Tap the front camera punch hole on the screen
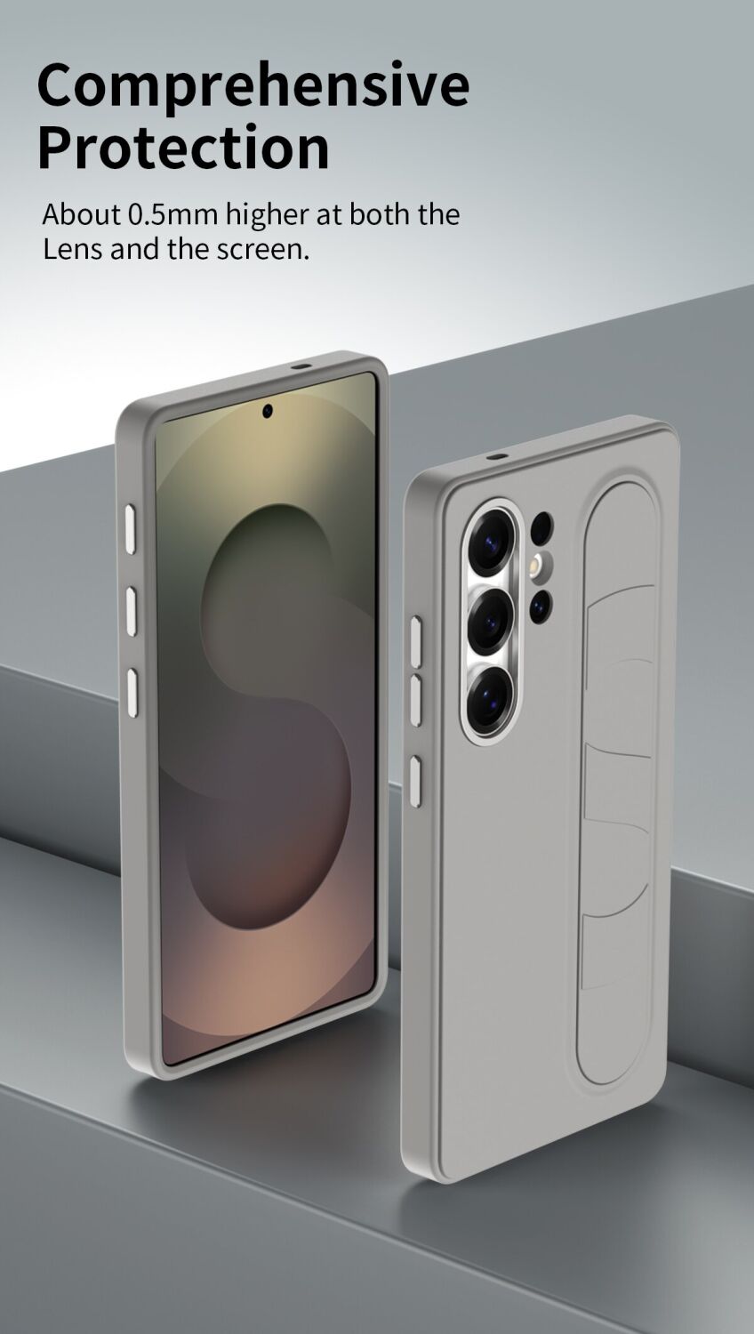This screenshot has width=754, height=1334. (x=268, y=410)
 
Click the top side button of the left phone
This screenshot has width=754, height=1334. (x=131, y=529)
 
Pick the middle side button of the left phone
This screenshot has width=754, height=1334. (x=131, y=610)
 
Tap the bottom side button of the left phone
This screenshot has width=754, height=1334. (x=132, y=691)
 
